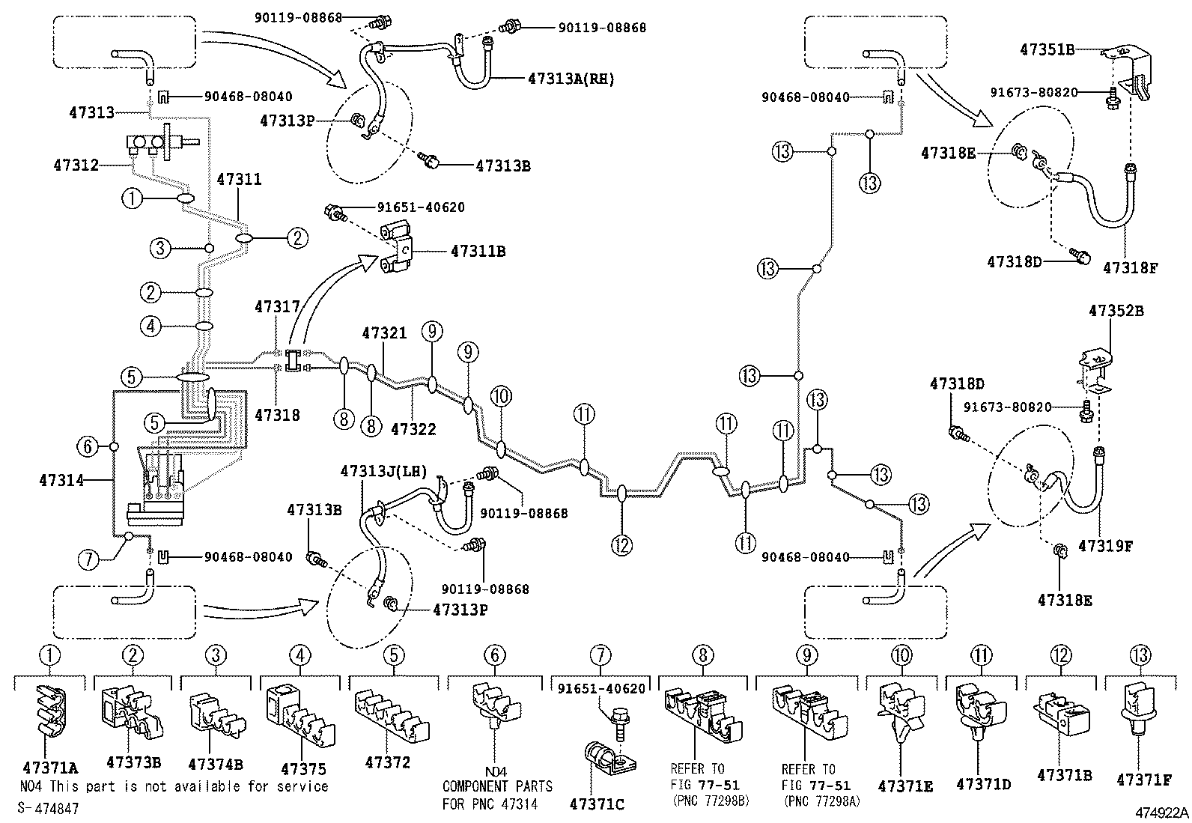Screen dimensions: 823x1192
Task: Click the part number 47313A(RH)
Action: (571, 78)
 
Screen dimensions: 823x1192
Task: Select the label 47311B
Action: (478, 252)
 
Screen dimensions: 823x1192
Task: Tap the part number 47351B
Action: (1047, 49)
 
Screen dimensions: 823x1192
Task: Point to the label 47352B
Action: (1116, 310)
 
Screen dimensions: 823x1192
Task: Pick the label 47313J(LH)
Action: (383, 471)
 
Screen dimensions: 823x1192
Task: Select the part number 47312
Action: (76, 164)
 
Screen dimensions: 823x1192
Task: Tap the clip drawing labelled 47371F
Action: (1140, 711)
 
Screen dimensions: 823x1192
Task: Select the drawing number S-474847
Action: (48, 808)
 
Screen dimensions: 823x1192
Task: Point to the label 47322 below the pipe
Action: (413, 429)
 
